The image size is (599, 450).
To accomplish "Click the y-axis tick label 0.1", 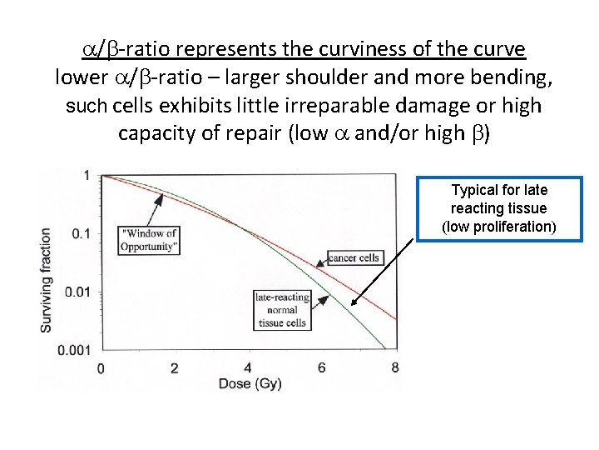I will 80,234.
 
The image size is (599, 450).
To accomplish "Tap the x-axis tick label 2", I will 175,367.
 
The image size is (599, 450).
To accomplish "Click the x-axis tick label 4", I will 248,367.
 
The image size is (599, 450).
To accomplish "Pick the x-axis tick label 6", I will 322,367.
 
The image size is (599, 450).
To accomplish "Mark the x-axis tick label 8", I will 395,367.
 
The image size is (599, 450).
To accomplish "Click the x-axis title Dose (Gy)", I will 248,384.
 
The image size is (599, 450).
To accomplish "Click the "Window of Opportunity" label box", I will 149,240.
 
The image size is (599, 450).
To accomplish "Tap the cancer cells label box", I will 354,257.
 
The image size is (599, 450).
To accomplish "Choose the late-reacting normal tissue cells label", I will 282,310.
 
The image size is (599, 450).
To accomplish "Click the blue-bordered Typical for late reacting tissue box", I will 499,208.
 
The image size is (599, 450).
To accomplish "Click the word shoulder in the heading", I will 327,77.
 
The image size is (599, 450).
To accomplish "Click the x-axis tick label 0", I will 101,367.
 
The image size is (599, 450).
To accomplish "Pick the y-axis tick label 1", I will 87,176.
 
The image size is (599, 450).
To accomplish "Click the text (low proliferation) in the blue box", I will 499,227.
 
